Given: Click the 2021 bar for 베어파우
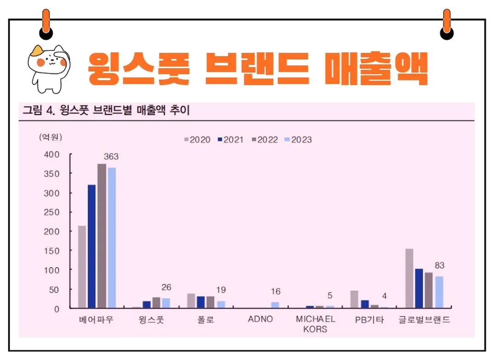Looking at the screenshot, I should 92,246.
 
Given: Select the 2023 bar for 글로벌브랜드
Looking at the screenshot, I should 439,292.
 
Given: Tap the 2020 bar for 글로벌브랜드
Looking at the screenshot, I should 409,278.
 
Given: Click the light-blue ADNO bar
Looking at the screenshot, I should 275,305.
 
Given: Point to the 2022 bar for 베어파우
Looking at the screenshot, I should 101,236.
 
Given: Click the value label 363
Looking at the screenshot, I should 111,157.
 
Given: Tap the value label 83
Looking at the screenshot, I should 439,265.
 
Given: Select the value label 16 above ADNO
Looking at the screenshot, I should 275,292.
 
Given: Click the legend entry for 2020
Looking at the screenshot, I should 197,140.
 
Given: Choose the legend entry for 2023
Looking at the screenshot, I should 299,140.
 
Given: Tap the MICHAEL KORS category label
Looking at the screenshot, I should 315,324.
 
